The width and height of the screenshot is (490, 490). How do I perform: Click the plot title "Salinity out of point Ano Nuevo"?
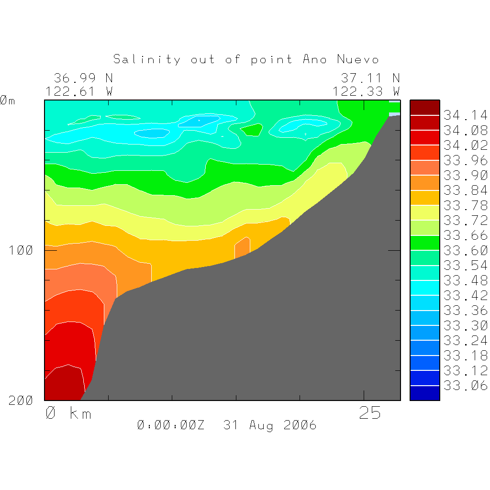(246, 59)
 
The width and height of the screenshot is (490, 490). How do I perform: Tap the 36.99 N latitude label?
(83, 78)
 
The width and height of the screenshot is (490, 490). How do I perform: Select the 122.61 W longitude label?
(79, 91)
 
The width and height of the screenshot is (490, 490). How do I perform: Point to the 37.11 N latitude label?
(370, 78)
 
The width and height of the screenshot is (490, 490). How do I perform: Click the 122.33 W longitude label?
(366, 91)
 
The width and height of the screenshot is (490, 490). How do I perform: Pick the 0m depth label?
(8, 100)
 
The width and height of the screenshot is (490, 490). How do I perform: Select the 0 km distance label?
(68, 413)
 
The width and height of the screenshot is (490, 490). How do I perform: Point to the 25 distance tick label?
(370, 413)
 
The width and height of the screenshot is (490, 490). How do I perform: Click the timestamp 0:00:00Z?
(171, 425)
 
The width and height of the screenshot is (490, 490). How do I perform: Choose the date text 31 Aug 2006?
(270, 425)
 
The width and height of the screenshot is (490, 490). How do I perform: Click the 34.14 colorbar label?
(465, 115)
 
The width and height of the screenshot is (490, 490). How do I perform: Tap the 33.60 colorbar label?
(465, 250)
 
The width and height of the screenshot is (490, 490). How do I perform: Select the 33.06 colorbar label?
(465, 386)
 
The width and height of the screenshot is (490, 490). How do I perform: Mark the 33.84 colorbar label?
(465, 190)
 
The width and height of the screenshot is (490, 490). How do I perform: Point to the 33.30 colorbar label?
(465, 325)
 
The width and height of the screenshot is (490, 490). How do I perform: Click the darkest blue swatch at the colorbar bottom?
(424, 393)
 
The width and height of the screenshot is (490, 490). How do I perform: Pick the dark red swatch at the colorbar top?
(424, 108)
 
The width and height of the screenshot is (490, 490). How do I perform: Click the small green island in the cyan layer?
(252, 129)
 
